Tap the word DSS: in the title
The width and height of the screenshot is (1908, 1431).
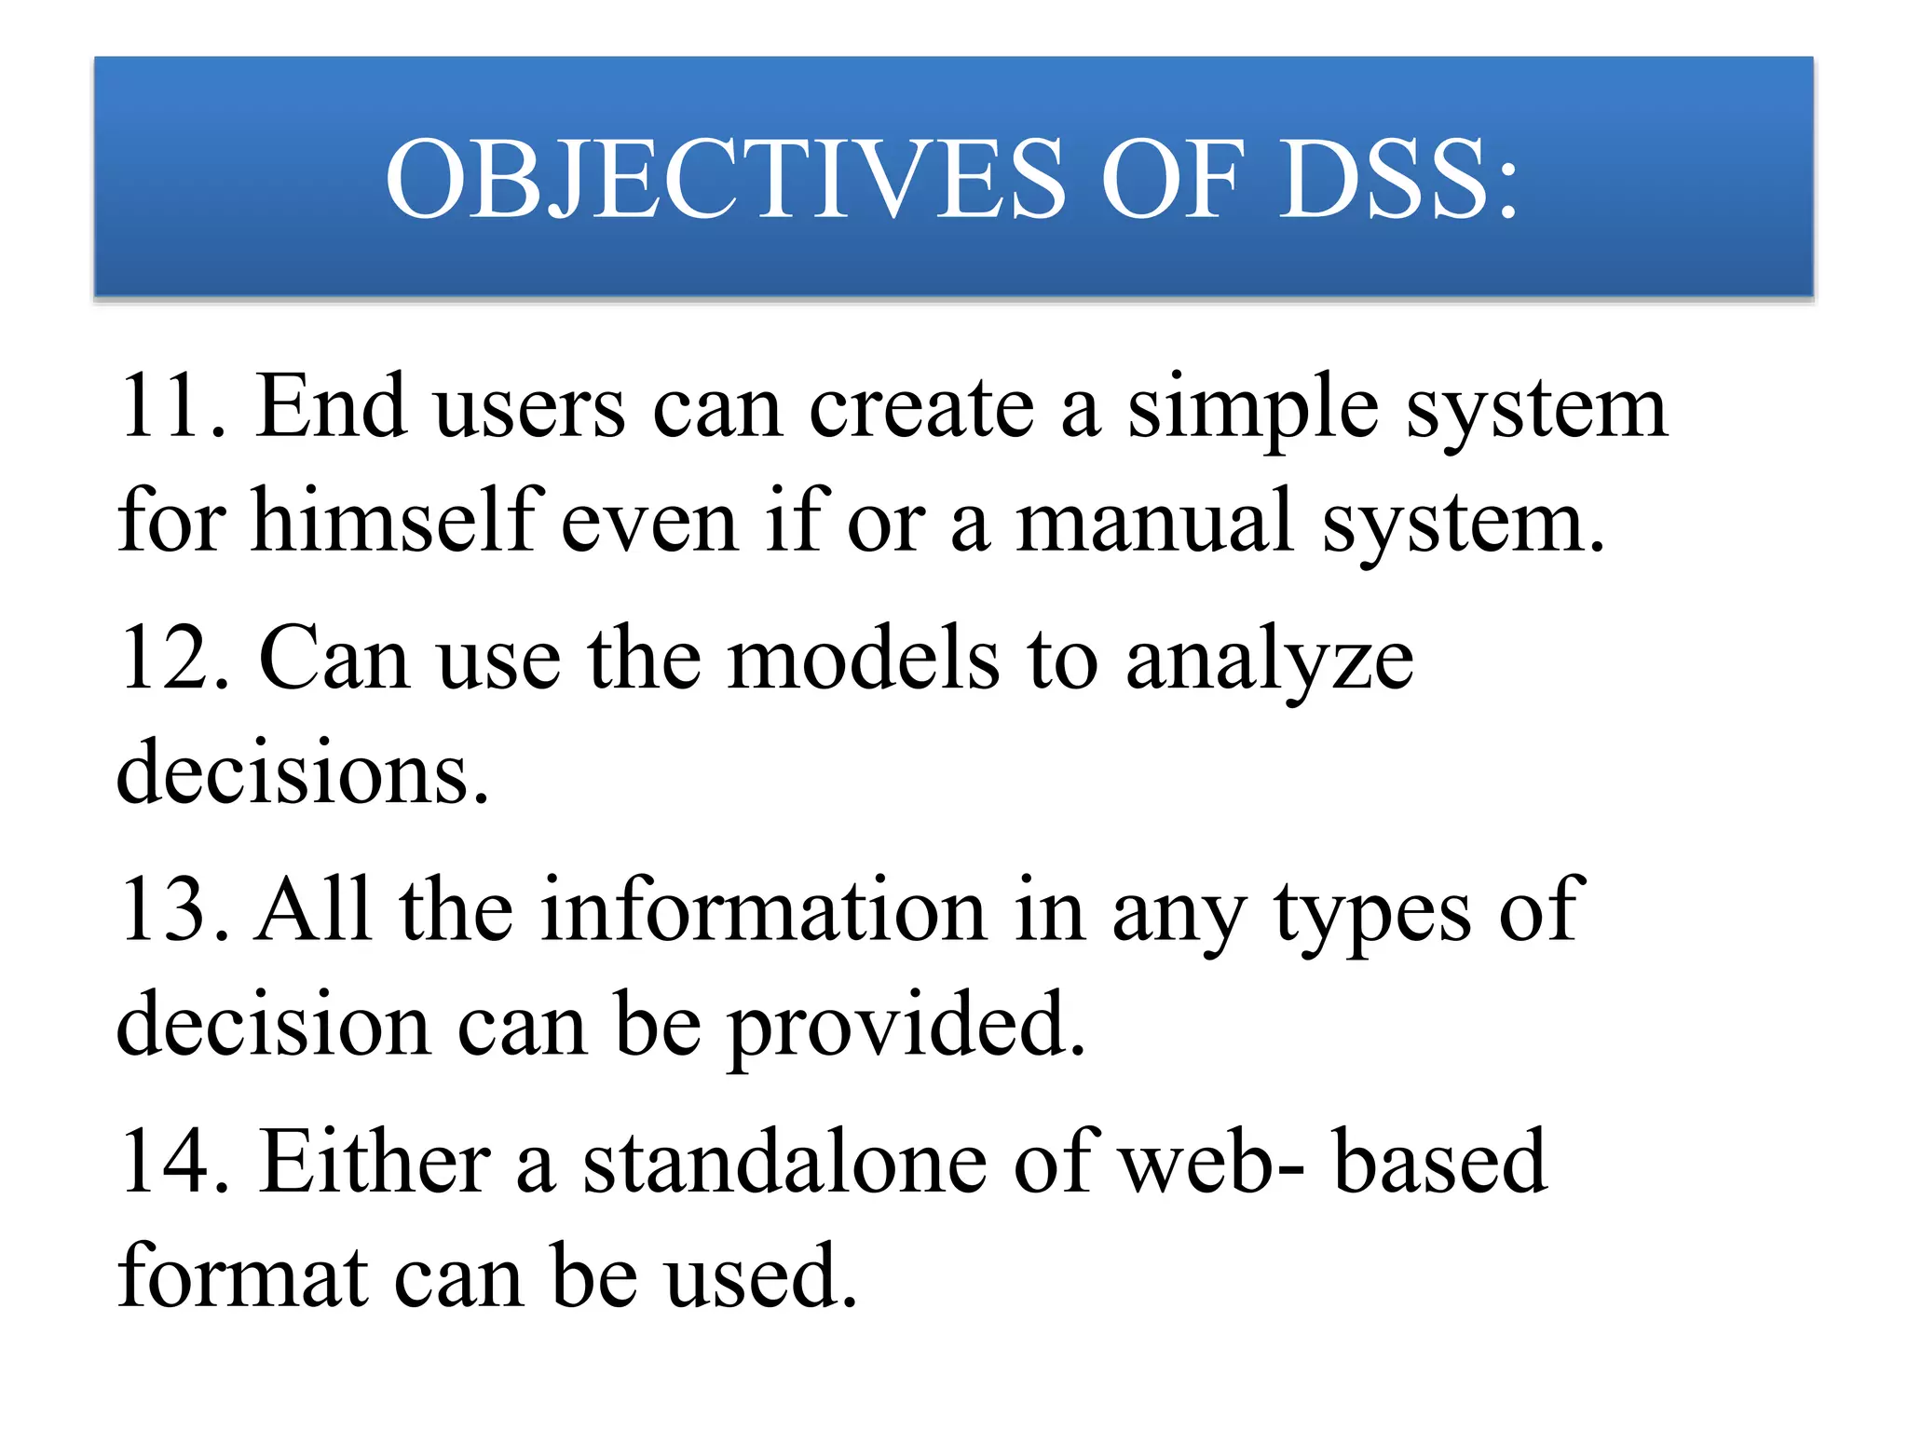1397,179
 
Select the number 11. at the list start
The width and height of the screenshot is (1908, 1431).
173,406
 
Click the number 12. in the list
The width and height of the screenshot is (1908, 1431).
173,659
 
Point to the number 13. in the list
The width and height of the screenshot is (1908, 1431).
173,910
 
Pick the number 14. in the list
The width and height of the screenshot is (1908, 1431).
173,1161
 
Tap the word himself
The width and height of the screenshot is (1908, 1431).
396,520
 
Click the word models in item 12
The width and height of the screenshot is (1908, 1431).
862,659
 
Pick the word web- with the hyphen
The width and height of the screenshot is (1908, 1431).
1211,1163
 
